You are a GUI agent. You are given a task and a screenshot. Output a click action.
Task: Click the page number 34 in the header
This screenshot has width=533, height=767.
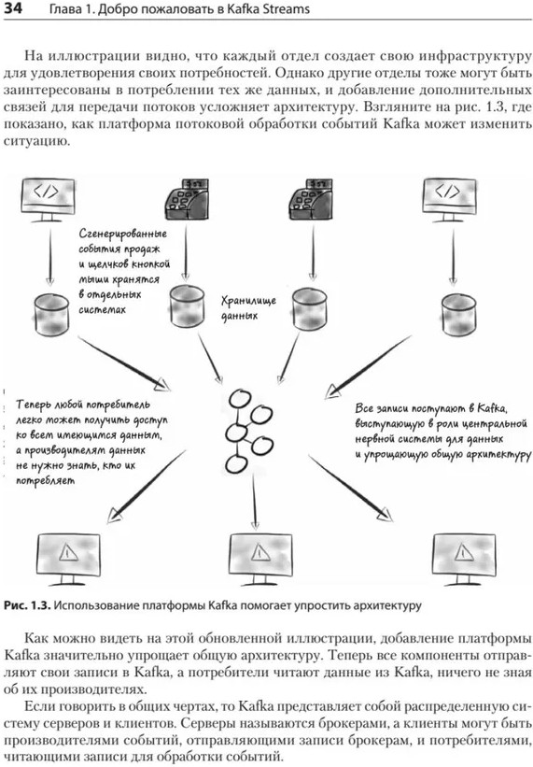point(13,8)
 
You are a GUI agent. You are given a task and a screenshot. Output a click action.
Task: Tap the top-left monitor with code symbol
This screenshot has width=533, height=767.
point(48,200)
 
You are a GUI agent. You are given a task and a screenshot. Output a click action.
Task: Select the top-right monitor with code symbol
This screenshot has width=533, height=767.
point(450,200)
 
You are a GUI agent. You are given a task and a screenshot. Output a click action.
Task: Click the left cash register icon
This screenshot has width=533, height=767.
point(186,200)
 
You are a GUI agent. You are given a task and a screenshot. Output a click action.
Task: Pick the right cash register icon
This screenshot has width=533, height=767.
point(311,200)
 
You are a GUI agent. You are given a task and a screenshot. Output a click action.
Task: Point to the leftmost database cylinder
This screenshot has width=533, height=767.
point(51,314)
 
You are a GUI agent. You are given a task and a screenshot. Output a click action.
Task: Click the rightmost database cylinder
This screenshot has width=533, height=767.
point(458,315)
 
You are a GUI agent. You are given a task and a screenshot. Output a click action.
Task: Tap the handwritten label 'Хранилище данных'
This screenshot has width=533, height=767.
point(248,307)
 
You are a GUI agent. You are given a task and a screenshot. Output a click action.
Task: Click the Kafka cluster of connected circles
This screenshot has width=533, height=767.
point(248,432)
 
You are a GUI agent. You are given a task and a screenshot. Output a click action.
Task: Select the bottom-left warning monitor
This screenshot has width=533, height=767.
point(68,559)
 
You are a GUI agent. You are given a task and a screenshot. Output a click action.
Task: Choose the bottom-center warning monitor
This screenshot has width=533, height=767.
point(260,559)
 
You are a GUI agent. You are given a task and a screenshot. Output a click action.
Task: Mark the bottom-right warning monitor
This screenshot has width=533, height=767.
point(464,559)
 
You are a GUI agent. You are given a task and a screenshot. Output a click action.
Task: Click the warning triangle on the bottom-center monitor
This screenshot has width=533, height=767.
point(259,553)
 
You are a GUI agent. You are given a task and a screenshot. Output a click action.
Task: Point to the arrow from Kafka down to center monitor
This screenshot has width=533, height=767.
point(254,502)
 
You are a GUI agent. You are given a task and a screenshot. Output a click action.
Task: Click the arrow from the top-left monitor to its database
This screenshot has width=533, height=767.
point(49,257)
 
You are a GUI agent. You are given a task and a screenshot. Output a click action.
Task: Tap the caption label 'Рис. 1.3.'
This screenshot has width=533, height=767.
point(27,605)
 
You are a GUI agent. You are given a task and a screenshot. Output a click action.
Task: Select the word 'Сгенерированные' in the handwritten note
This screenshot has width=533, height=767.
point(122,234)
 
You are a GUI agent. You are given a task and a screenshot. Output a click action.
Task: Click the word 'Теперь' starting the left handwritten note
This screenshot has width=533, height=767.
point(35,405)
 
